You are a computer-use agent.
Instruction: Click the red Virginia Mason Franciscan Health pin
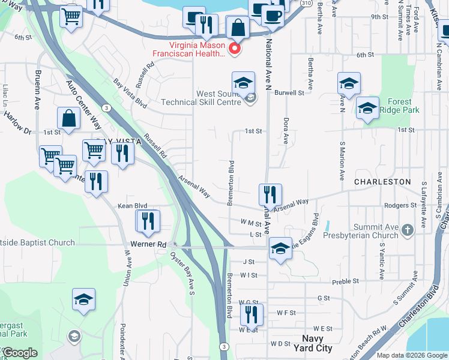[x=235, y=48]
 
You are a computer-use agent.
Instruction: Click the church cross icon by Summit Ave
[x=408, y=230]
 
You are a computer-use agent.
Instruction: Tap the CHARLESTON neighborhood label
[x=382, y=181]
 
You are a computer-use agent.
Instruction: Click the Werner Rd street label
[x=148, y=245]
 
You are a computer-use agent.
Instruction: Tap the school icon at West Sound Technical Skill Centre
[x=243, y=83]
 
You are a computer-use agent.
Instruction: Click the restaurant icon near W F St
[x=252, y=314]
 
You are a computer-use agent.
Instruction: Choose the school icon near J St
[x=280, y=248]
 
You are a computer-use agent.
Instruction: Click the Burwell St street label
[x=289, y=93]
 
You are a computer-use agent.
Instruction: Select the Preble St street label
[x=346, y=280]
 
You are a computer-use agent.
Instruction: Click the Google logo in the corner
[x=20, y=353]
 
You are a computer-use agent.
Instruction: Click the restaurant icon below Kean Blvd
[x=148, y=221]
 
